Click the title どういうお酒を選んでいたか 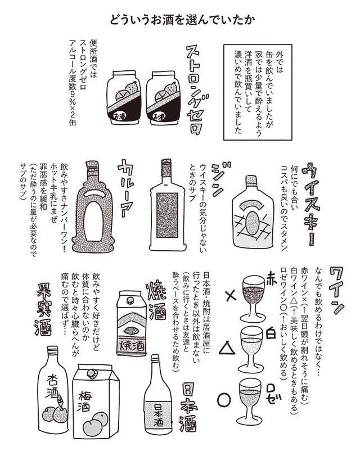point(182,20)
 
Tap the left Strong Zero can point(124,97)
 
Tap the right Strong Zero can point(163,97)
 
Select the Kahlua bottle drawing point(93,206)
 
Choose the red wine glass point(253,299)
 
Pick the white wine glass point(251,349)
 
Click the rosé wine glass point(250,400)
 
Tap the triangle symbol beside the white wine point(227,346)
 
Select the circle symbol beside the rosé point(224,400)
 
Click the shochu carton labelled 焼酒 point(131,323)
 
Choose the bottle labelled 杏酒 point(53,389)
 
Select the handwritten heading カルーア point(127,188)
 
